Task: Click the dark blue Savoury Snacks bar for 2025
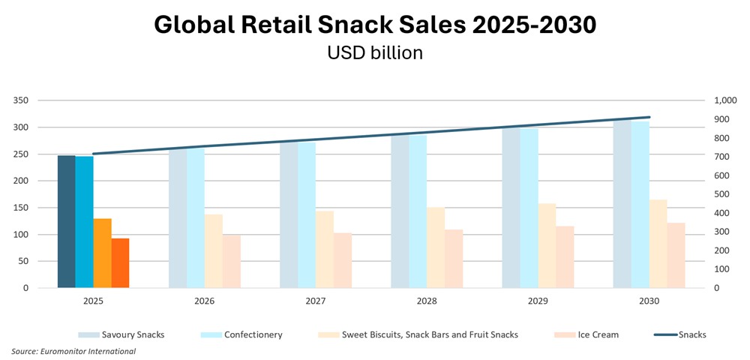[x=67, y=222]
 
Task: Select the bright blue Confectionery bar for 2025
[x=85, y=222]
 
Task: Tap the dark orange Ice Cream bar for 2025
[x=121, y=263]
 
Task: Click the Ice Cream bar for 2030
[x=676, y=255]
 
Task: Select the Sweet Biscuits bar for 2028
[x=436, y=247]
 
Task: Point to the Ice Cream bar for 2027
[x=343, y=260]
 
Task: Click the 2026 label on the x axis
[x=204, y=301]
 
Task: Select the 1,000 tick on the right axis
[x=725, y=100]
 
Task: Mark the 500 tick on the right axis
[x=721, y=194]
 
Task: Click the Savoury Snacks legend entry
[x=132, y=334]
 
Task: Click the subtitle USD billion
[x=375, y=53]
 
